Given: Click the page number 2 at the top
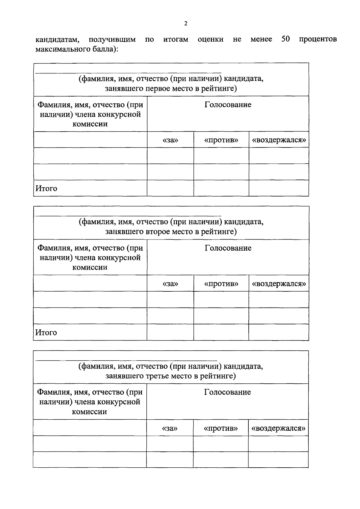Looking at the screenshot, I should tap(186, 24).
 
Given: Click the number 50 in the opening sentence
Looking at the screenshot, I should tap(285, 39).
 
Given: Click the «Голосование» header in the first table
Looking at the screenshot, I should tap(228, 105).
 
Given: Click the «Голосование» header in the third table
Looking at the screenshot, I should tap(227, 392).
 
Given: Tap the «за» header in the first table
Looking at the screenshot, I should tap(170, 140).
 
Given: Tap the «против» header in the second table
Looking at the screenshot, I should tap(221, 284).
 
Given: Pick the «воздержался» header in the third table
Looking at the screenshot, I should tap(278, 428).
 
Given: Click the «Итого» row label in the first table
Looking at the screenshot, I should tap(46, 189).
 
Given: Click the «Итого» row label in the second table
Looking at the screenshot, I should tap(46, 332).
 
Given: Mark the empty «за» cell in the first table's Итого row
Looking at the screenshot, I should tap(170, 188).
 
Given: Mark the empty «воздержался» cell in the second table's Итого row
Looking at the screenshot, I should tap(278, 332).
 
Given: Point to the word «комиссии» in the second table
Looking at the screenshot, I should tap(90, 267).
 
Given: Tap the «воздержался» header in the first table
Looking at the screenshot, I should tap(279, 140).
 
